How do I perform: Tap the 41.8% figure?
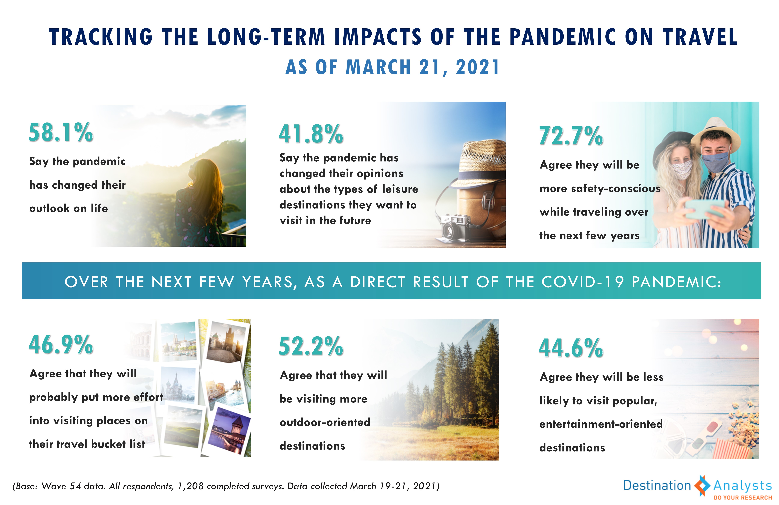(x=311, y=134)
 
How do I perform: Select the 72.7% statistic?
(x=571, y=136)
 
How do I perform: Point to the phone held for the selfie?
(x=704, y=210)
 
